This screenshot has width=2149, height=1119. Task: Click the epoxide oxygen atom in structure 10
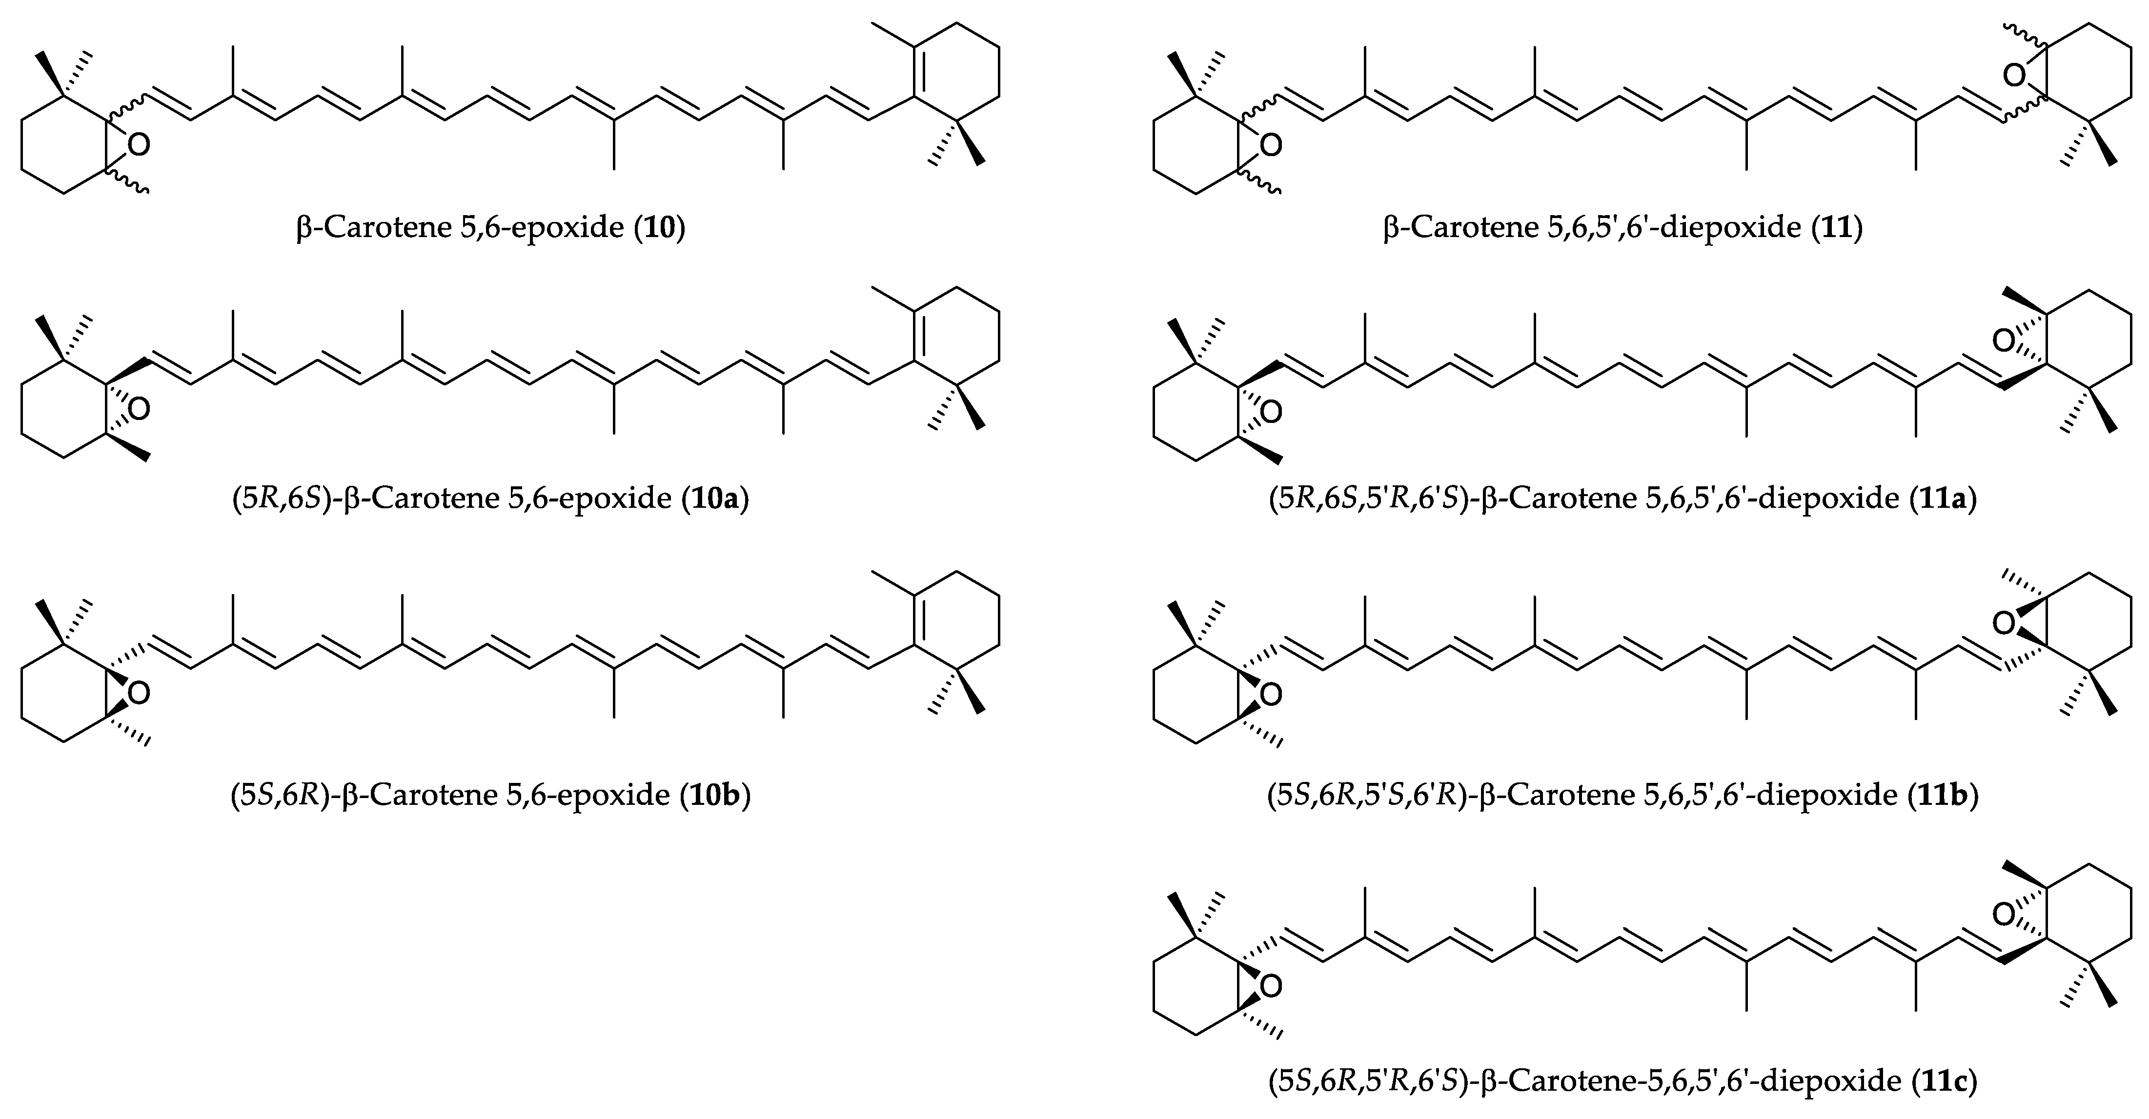[x=140, y=145]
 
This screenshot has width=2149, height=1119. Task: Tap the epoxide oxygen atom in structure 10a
[x=140, y=409]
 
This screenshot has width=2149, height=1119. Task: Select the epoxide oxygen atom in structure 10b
[x=140, y=693]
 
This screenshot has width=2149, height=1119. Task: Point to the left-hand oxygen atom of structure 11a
[x=1271, y=411]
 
